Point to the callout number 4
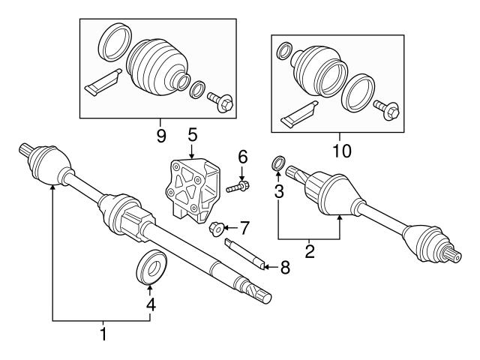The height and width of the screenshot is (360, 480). click(150, 304)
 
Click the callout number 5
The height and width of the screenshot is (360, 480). click(193, 134)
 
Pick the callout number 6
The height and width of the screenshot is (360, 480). click(242, 157)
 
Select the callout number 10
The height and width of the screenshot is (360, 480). click(341, 151)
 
